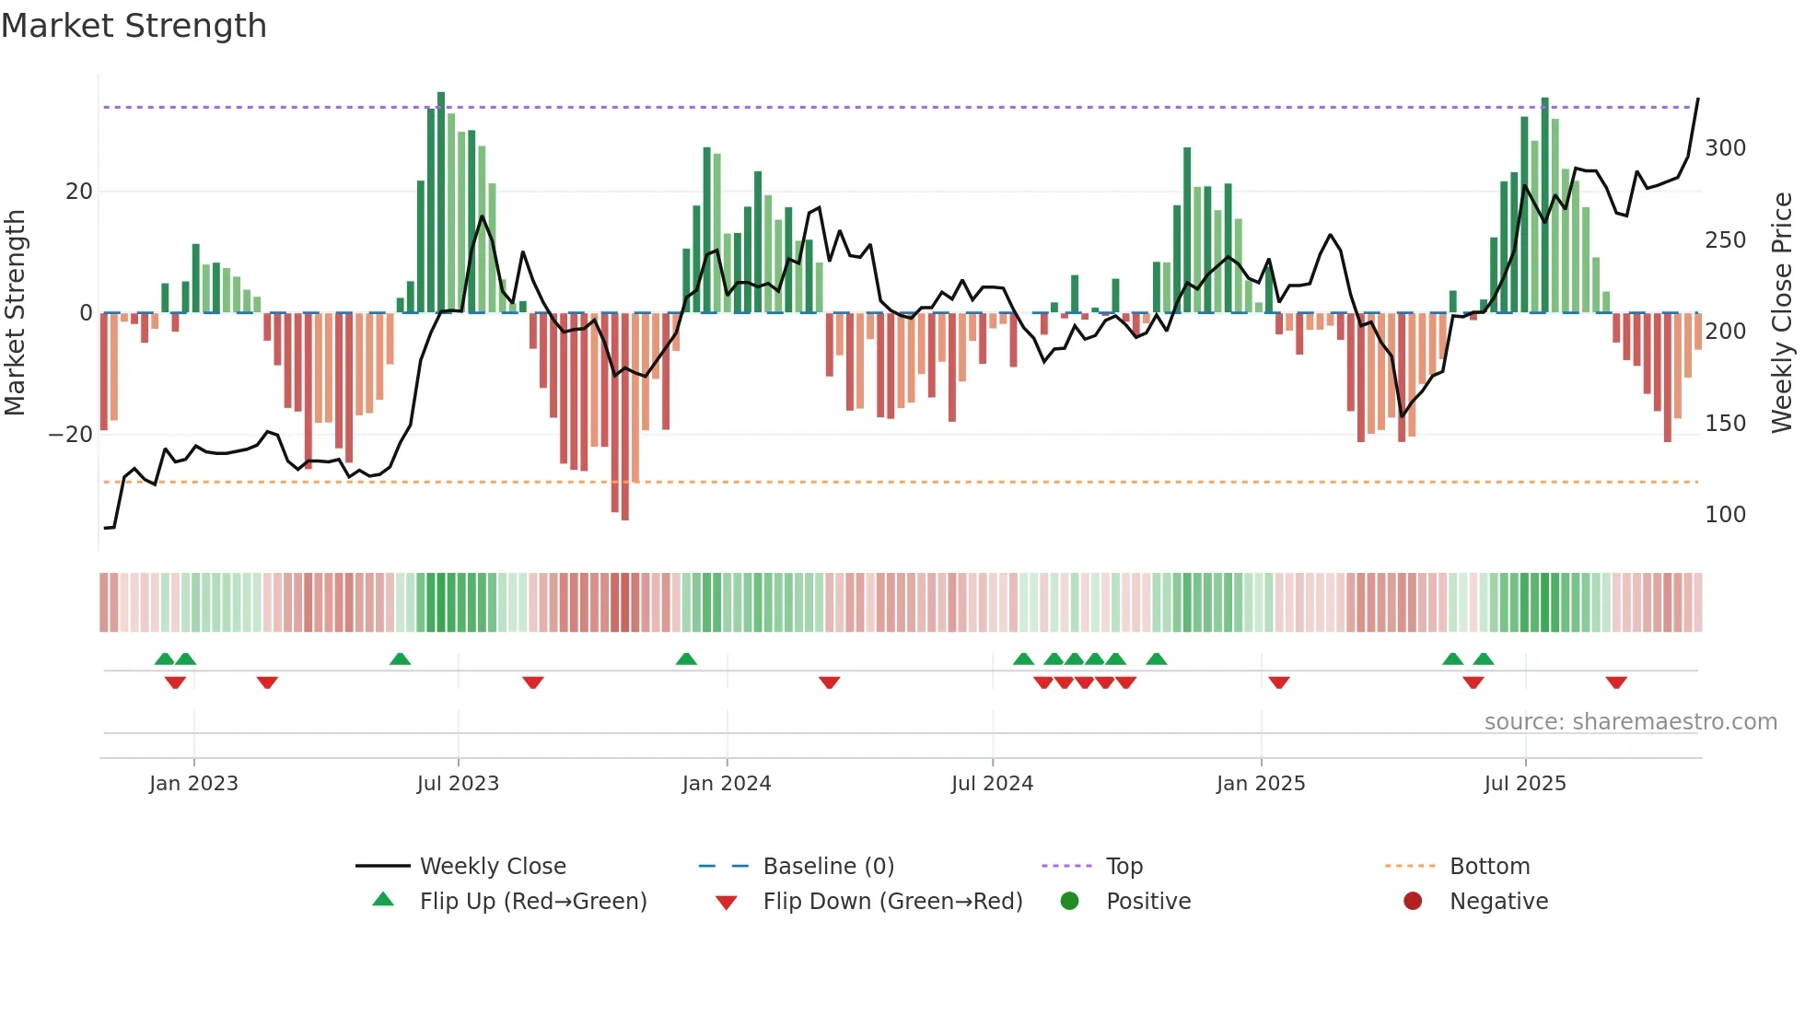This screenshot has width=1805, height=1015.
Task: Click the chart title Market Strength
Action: click(134, 26)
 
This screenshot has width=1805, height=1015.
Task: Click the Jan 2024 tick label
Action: click(726, 784)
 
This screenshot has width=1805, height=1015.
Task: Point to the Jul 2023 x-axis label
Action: click(458, 784)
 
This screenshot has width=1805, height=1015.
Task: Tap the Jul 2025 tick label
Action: click(1524, 784)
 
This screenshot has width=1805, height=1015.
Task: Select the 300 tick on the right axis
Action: click(1725, 148)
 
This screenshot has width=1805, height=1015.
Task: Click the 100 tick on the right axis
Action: click(1725, 515)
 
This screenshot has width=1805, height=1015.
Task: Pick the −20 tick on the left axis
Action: click(71, 435)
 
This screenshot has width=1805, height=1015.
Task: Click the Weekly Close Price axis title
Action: click(1782, 313)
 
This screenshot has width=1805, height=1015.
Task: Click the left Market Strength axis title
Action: click(16, 313)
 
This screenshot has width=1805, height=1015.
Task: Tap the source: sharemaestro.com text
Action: click(1630, 722)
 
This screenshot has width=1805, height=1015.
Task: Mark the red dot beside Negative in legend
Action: click(1412, 902)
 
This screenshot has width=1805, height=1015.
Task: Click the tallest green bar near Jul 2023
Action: click(441, 203)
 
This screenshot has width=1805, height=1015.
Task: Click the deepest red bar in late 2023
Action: click(625, 416)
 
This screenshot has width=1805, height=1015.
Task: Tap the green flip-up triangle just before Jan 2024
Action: click(686, 659)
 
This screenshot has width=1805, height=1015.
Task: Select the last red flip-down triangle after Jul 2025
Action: click(1615, 682)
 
